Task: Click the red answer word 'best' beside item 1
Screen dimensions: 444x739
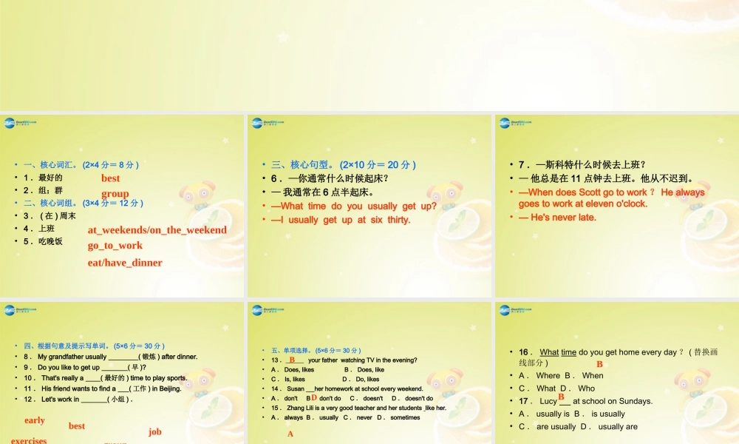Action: pos(111,178)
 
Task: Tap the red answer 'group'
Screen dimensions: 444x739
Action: pos(115,194)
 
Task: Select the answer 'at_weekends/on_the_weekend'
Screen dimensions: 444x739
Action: pos(157,230)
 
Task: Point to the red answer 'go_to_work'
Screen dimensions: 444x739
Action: pos(115,246)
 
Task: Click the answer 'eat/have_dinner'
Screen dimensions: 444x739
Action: pos(125,263)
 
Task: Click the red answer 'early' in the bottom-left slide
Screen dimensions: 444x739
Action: pos(35,420)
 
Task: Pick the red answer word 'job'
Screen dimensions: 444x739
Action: pos(154,431)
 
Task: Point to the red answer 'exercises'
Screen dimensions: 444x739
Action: pos(29,440)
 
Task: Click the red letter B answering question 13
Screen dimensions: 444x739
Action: pos(292,359)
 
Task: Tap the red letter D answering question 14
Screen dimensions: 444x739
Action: pos(314,397)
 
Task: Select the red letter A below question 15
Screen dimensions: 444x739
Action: pos(290,434)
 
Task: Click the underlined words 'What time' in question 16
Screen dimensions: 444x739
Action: pos(558,352)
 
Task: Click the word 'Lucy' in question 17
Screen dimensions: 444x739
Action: pos(548,401)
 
